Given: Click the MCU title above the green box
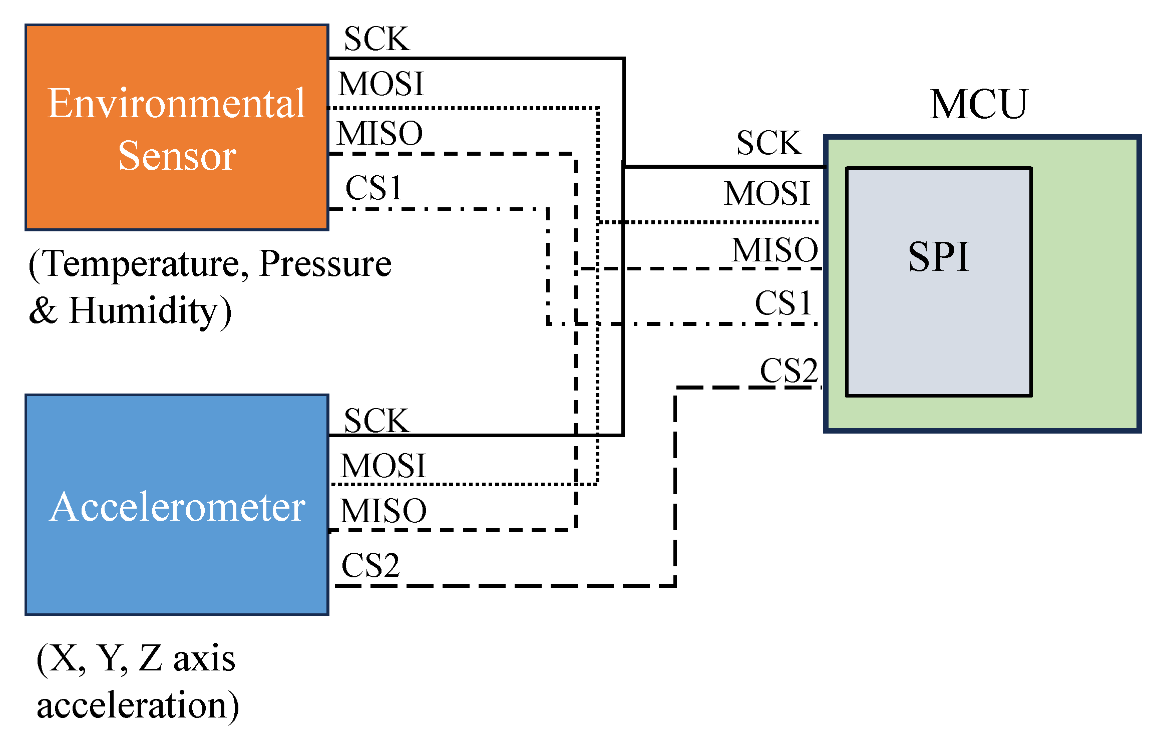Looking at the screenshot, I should tap(978, 104).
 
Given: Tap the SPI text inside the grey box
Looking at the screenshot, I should tap(939, 257).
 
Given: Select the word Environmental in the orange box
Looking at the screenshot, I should tap(176, 103).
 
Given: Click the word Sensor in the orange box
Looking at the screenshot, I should tap(177, 156).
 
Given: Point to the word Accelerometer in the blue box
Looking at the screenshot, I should tap(177, 507).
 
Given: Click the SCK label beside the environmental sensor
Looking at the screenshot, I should tap(376, 39).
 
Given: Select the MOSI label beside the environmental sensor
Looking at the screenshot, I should tap(381, 84).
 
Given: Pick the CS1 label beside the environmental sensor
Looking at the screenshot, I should tap(373, 188).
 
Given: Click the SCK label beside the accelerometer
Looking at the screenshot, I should tap(376, 421).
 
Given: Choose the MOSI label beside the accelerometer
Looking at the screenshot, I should tap(383, 466).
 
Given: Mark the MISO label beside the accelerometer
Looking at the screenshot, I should tap(383, 511).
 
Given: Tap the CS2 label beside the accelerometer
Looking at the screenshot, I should tap(370, 566).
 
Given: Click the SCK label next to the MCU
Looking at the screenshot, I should tap(769, 143).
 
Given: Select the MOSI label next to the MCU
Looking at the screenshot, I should tap(766, 193).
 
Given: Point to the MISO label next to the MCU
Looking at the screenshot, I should tap(775, 250).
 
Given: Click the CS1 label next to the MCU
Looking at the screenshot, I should tap(783, 303).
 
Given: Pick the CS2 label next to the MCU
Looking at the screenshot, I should tap(789, 371).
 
